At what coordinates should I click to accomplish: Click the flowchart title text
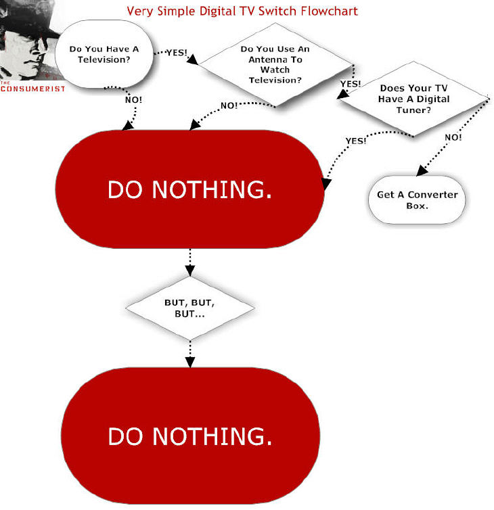coord(242,11)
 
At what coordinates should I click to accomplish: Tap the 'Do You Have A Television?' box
coord(104,54)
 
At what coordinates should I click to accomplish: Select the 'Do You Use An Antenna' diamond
coord(275,64)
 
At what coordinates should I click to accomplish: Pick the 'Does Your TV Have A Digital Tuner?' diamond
coord(413,99)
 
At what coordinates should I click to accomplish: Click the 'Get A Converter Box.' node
coord(417,200)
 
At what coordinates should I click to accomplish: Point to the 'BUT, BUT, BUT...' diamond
coord(189,308)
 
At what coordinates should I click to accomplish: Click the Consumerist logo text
coord(32,88)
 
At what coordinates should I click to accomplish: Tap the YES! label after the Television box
coord(177,52)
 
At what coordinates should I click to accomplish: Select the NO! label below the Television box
coord(133,100)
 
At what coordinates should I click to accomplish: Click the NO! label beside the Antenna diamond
coord(229,106)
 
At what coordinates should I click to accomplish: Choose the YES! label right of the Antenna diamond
coord(351,84)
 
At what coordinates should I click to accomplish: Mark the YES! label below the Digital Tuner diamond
coord(356,141)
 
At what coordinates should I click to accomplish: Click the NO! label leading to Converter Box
coord(453,137)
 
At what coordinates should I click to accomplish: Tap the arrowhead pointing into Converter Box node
coord(422,170)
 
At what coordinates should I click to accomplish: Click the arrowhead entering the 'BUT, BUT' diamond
coord(190,271)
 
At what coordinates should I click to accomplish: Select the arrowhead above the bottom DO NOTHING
coord(190,363)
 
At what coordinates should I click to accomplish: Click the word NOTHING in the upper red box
coord(212,189)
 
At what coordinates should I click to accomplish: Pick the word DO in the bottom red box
coord(125,436)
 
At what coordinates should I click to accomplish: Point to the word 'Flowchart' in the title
coord(329,11)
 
